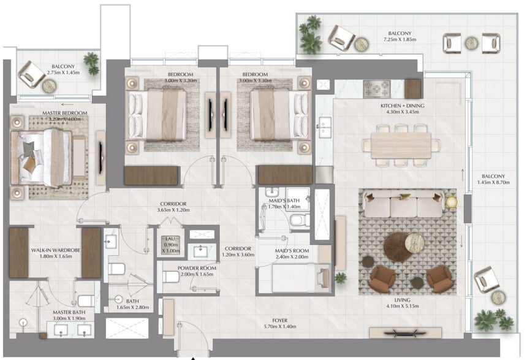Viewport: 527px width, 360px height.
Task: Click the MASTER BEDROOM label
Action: coord(64,113)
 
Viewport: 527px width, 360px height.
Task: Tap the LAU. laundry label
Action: coord(170,240)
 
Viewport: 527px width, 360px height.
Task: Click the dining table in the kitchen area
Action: coord(402,144)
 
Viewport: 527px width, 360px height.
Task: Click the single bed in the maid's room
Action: coord(294,277)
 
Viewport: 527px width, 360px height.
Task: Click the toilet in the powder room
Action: coord(170,277)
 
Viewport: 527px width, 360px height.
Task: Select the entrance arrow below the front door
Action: coord(194,357)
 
